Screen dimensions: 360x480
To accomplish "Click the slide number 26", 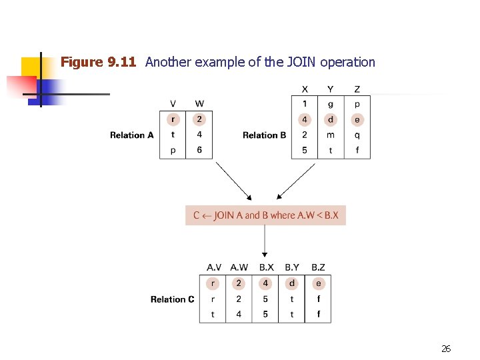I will (x=446, y=348).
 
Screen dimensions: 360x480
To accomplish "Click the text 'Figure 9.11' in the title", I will (x=98, y=63).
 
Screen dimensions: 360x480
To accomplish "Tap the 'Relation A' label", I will (x=131, y=135).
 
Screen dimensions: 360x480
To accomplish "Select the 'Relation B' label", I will (x=264, y=135).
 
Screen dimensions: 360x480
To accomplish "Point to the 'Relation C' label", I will (x=172, y=299).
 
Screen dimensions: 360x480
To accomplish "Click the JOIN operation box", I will (x=265, y=215).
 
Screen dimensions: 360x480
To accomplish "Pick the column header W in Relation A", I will (x=199, y=103).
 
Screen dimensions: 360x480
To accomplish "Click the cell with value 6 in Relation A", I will (x=199, y=151).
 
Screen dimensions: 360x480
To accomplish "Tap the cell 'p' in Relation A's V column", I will (x=173, y=151).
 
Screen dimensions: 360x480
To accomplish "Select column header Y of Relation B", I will (x=331, y=89).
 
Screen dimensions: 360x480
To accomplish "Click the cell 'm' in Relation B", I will (x=331, y=135).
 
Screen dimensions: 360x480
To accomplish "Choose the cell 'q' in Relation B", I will (x=357, y=135).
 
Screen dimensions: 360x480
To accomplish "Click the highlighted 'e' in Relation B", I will (x=357, y=120).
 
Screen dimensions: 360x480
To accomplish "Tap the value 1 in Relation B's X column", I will (x=305, y=104).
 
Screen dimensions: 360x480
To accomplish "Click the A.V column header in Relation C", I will (x=213, y=267).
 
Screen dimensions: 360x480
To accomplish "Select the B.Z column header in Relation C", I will (x=318, y=267).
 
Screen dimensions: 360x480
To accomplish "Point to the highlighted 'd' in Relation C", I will (x=292, y=283).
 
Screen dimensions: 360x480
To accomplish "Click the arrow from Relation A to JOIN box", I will (x=233, y=181).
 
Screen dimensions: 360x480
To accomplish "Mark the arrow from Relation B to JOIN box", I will (x=296, y=181).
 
